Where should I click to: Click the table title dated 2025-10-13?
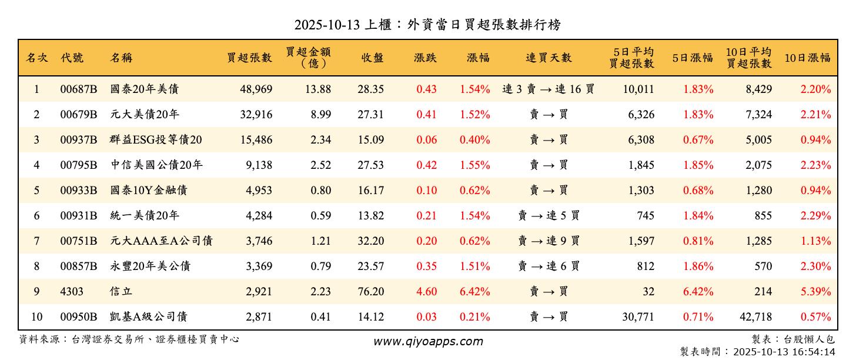[x=427, y=25]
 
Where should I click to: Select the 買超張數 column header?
[x=250, y=58]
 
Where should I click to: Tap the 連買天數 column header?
[x=549, y=58]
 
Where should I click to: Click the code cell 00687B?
[x=79, y=89]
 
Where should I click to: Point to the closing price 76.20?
[x=370, y=292]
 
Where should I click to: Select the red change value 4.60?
[x=426, y=292]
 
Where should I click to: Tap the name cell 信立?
[x=120, y=292]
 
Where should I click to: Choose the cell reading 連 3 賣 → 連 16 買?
[x=549, y=89]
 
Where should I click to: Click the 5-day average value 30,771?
[x=637, y=317]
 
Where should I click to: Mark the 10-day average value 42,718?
[x=755, y=317]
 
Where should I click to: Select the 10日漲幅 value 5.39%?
[x=815, y=292]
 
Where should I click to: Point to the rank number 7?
[x=36, y=241]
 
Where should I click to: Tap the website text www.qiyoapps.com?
[x=428, y=341]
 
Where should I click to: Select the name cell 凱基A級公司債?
[x=149, y=317]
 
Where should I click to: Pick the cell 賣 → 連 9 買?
[x=549, y=241]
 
